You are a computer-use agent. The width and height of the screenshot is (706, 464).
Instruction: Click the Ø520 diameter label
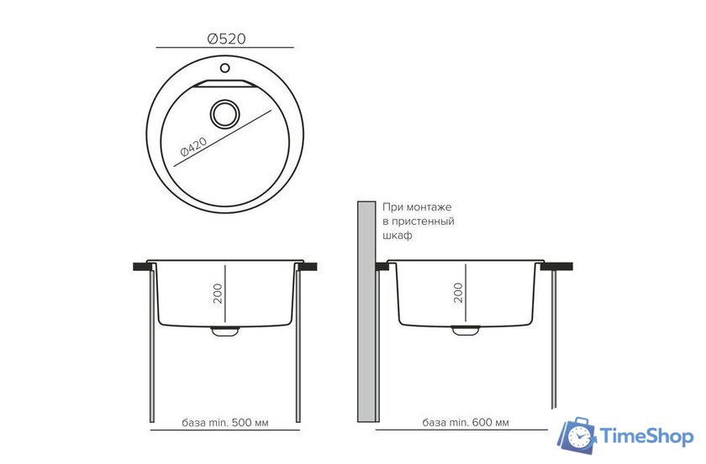coord(226,39)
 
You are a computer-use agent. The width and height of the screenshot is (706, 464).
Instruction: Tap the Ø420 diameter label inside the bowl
coord(193,147)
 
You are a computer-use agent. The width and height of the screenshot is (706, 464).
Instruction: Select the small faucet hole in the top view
coord(224,68)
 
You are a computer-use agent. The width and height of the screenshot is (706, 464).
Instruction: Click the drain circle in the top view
coord(224,114)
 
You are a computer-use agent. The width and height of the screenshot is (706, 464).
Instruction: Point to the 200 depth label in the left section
coord(218,294)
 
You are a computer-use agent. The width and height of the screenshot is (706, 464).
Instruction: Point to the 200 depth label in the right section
coord(458,293)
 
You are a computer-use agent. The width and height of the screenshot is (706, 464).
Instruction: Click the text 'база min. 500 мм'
coord(225,423)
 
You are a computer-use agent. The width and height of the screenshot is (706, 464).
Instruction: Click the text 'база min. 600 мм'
coord(466,423)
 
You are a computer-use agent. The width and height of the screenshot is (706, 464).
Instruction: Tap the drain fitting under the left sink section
coord(225,331)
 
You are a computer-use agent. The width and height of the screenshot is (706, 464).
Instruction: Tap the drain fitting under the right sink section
coord(466,331)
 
